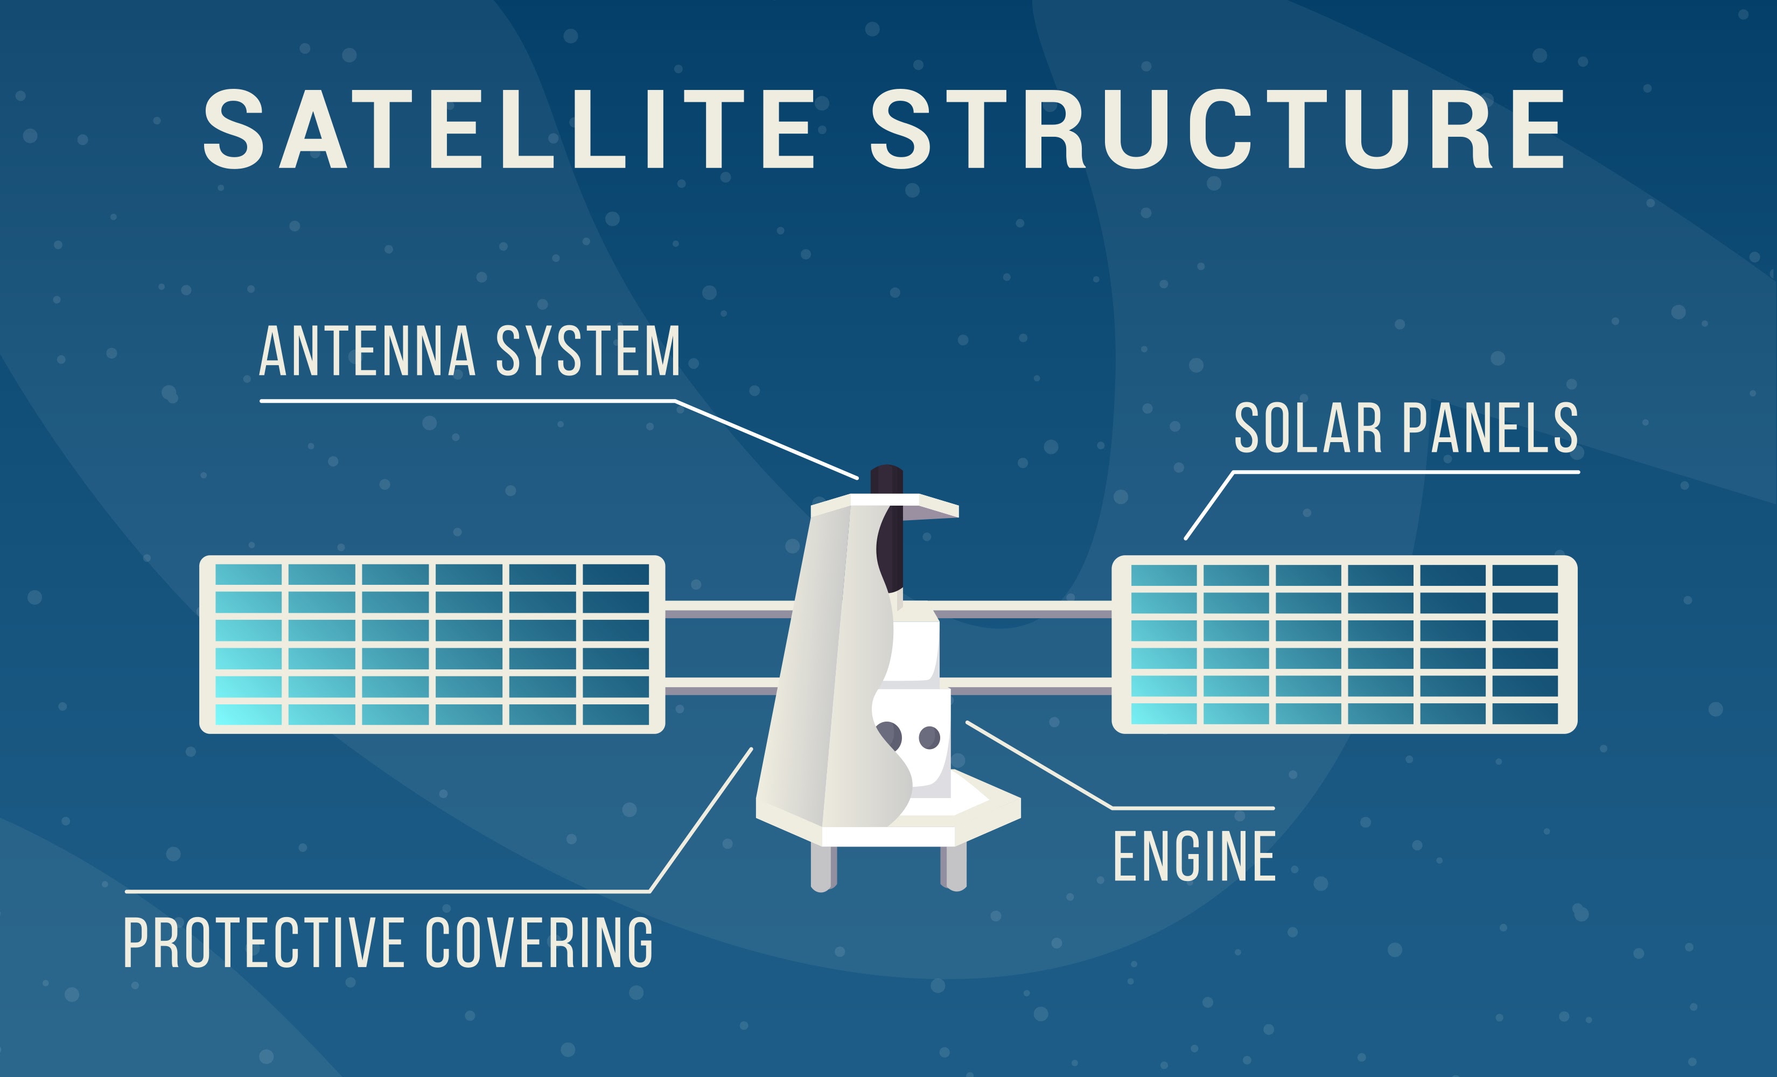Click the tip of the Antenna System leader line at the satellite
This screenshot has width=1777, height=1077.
[857, 478]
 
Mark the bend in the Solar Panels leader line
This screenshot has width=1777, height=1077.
[1233, 472]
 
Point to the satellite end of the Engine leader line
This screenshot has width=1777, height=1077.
[968, 722]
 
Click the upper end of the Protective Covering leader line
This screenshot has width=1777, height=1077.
[752, 749]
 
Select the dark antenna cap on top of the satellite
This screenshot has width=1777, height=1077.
[886, 479]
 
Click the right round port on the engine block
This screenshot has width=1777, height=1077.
[929, 738]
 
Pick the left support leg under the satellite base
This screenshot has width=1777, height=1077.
[823, 868]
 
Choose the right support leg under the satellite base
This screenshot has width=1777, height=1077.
[954, 868]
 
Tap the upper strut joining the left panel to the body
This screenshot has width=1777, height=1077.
[729, 610]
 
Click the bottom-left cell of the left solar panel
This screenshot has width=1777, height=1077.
[248, 714]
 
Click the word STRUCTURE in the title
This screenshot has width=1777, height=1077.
[1218, 130]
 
